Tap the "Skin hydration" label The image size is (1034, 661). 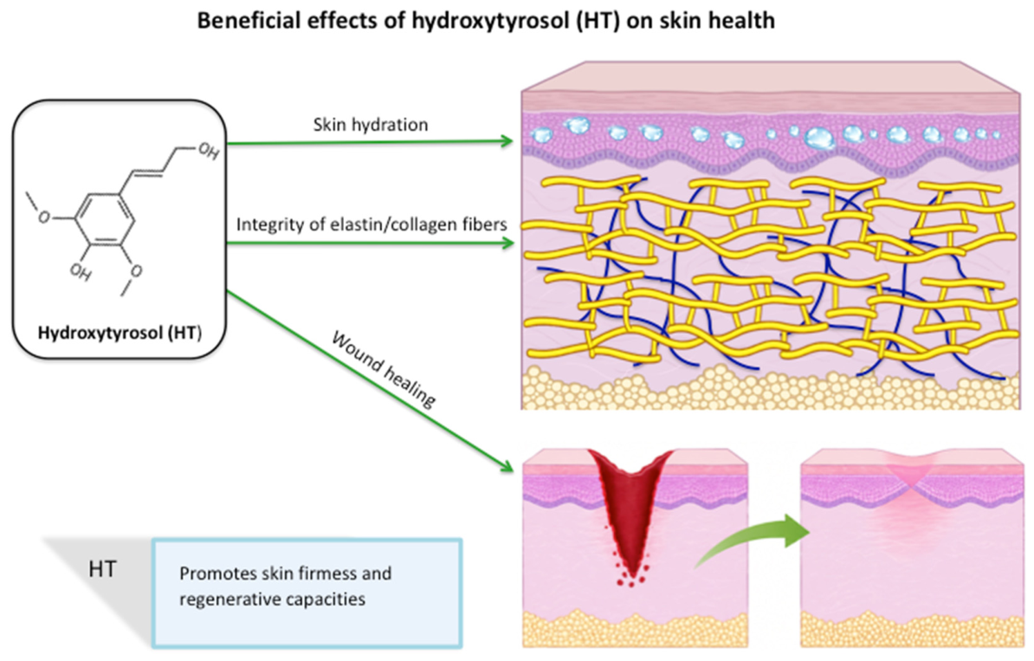click(x=371, y=125)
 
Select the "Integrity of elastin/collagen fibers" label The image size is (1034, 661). click(x=372, y=224)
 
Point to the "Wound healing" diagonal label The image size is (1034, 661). click(x=383, y=369)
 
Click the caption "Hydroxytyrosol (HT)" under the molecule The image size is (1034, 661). click(x=120, y=333)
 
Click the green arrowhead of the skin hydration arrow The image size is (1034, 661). click(x=506, y=140)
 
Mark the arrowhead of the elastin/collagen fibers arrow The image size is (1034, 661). click(x=506, y=243)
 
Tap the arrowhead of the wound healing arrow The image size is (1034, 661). click(x=505, y=465)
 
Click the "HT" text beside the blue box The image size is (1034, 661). click(x=102, y=568)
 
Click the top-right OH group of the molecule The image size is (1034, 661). click(x=209, y=152)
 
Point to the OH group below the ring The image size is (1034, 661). click(x=81, y=272)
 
